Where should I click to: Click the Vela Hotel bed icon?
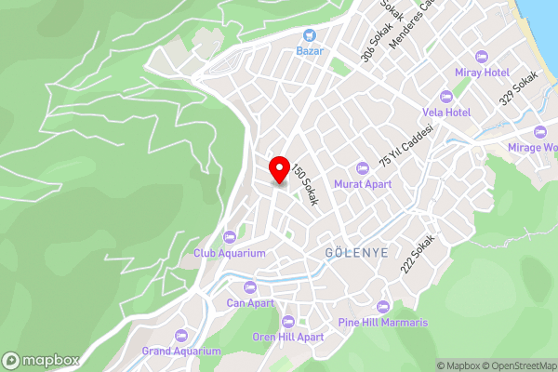[x=446, y=96]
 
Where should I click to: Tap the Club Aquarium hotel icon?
[x=230, y=236]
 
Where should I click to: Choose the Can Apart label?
[x=250, y=302]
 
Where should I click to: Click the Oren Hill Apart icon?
[x=288, y=321]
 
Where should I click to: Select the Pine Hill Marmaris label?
[x=383, y=323]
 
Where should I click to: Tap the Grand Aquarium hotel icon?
[x=181, y=335]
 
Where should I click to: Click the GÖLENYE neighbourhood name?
[x=356, y=253]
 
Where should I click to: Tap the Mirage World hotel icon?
[x=540, y=131]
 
